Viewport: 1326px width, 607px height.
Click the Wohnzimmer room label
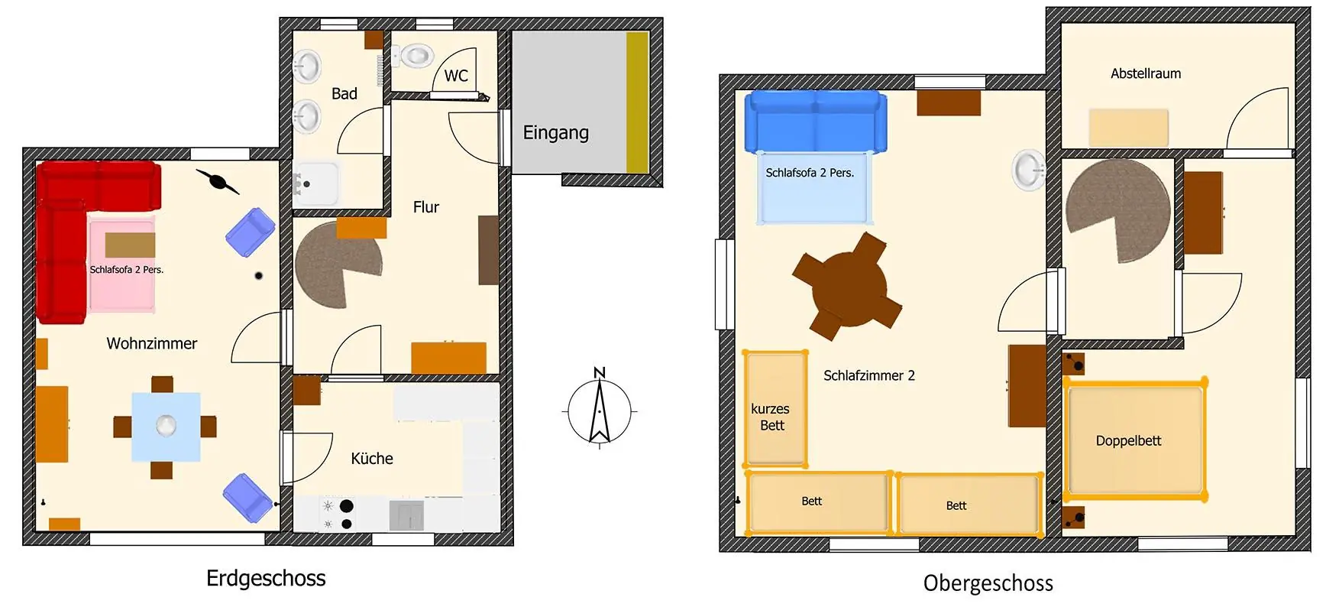tap(151, 344)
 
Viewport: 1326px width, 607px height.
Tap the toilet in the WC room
tap(413, 56)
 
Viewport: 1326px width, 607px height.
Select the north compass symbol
tap(600, 407)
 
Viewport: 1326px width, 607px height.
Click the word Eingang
tap(555, 133)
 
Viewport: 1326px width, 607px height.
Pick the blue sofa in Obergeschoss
tap(816, 121)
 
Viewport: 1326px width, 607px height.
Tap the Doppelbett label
tap(1128, 441)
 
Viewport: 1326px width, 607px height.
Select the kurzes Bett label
tap(771, 417)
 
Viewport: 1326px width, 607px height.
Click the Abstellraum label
tap(1145, 73)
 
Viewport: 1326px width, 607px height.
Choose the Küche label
tap(372, 459)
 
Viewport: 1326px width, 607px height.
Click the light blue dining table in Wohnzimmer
tap(166, 427)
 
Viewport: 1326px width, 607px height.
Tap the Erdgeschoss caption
tap(266, 578)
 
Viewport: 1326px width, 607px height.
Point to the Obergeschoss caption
tap(988, 583)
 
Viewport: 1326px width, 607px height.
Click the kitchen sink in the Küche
tap(406, 515)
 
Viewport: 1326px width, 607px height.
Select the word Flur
tap(426, 207)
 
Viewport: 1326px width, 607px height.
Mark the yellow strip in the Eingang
tap(637, 102)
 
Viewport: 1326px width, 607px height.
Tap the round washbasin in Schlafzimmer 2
tap(1029, 170)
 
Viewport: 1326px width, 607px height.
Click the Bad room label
tap(344, 94)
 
